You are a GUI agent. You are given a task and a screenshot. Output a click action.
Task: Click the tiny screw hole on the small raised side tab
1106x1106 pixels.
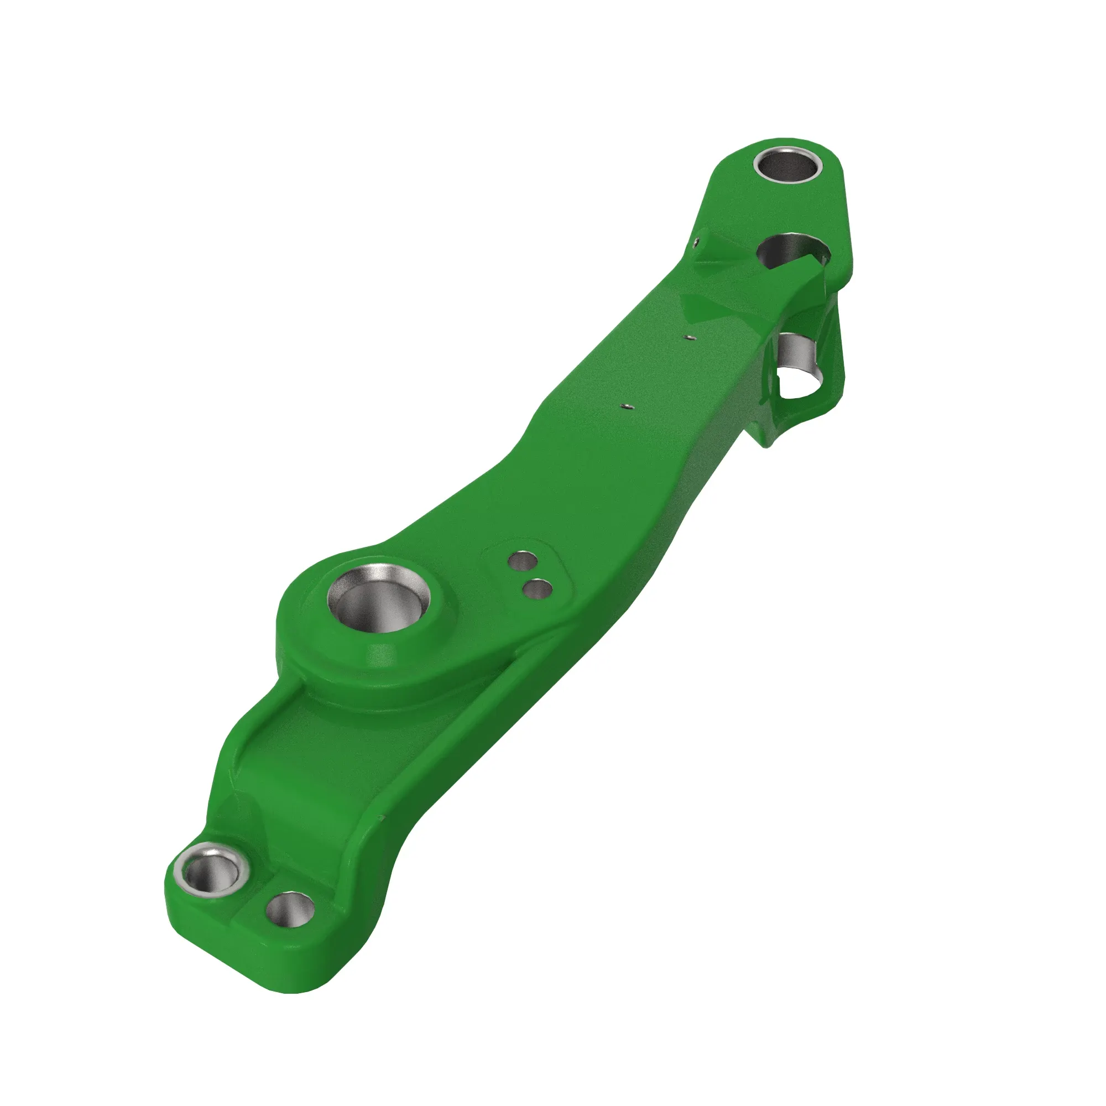click(x=695, y=242)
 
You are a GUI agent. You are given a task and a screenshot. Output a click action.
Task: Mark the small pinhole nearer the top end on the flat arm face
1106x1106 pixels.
click(x=690, y=337)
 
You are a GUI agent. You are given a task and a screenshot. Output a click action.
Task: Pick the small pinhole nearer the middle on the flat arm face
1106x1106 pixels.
click(x=627, y=406)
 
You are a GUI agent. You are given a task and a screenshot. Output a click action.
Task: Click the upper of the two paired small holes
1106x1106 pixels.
click(x=522, y=562)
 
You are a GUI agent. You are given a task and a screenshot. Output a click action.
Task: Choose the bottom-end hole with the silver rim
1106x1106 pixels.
click(x=211, y=873)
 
